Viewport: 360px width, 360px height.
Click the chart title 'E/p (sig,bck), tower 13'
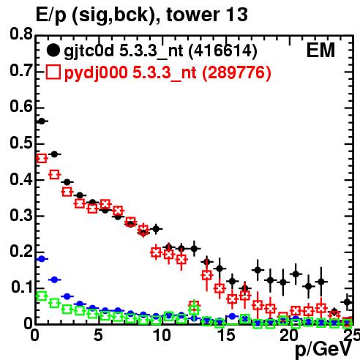(142, 15)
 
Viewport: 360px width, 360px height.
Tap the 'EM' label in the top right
(320, 50)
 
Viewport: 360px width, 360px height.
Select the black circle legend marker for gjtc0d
(53, 50)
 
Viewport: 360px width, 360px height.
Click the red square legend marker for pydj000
(53, 72)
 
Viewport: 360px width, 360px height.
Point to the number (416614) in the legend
(223, 51)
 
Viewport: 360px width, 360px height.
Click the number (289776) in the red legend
(236, 72)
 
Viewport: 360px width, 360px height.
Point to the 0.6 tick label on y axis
(21, 107)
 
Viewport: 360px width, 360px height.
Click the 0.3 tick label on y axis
(21, 216)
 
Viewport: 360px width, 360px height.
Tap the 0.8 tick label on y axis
(21, 34)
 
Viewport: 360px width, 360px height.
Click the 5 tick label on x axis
(98, 335)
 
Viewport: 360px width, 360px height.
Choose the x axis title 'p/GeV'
(323, 350)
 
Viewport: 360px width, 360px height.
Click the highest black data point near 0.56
(42, 121)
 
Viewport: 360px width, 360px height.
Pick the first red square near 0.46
(42, 159)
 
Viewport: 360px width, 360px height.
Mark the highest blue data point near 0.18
(42, 259)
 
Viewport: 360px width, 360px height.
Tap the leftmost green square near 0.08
(42, 296)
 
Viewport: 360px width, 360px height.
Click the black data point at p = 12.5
(194, 249)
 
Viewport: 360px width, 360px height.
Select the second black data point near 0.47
(54, 154)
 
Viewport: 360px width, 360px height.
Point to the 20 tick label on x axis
(289, 335)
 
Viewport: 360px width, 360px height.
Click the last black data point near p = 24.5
(348, 302)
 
